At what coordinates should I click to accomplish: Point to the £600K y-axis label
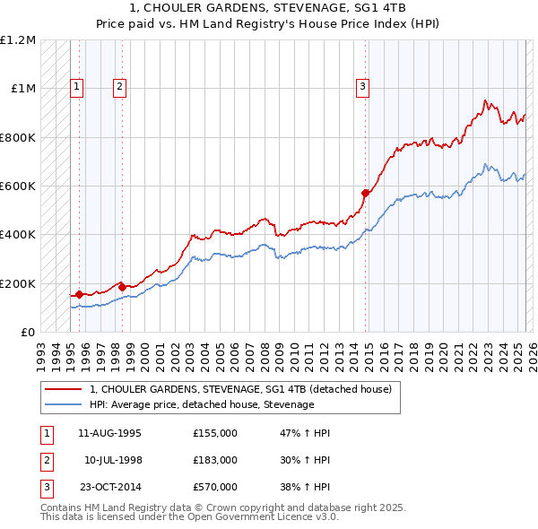[18, 186]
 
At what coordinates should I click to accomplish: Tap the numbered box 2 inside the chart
[119, 87]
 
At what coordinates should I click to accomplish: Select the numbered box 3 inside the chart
[362, 87]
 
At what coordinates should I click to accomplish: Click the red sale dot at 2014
[365, 193]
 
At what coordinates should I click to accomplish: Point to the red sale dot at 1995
[79, 294]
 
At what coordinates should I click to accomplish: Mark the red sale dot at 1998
[122, 287]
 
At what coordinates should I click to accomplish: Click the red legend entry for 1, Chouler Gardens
[240, 390]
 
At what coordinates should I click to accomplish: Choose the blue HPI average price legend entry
[202, 404]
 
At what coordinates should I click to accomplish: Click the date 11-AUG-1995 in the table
[109, 433]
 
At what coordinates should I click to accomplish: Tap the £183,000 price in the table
[215, 460]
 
